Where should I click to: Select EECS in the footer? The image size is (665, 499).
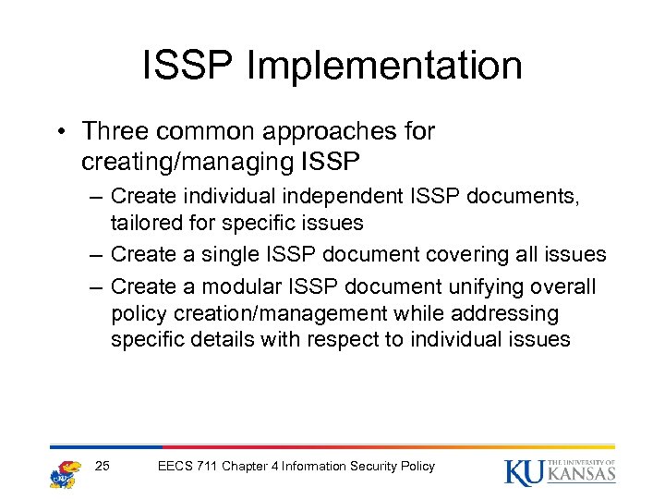point(176,467)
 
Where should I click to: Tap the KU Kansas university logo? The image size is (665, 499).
point(560,470)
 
